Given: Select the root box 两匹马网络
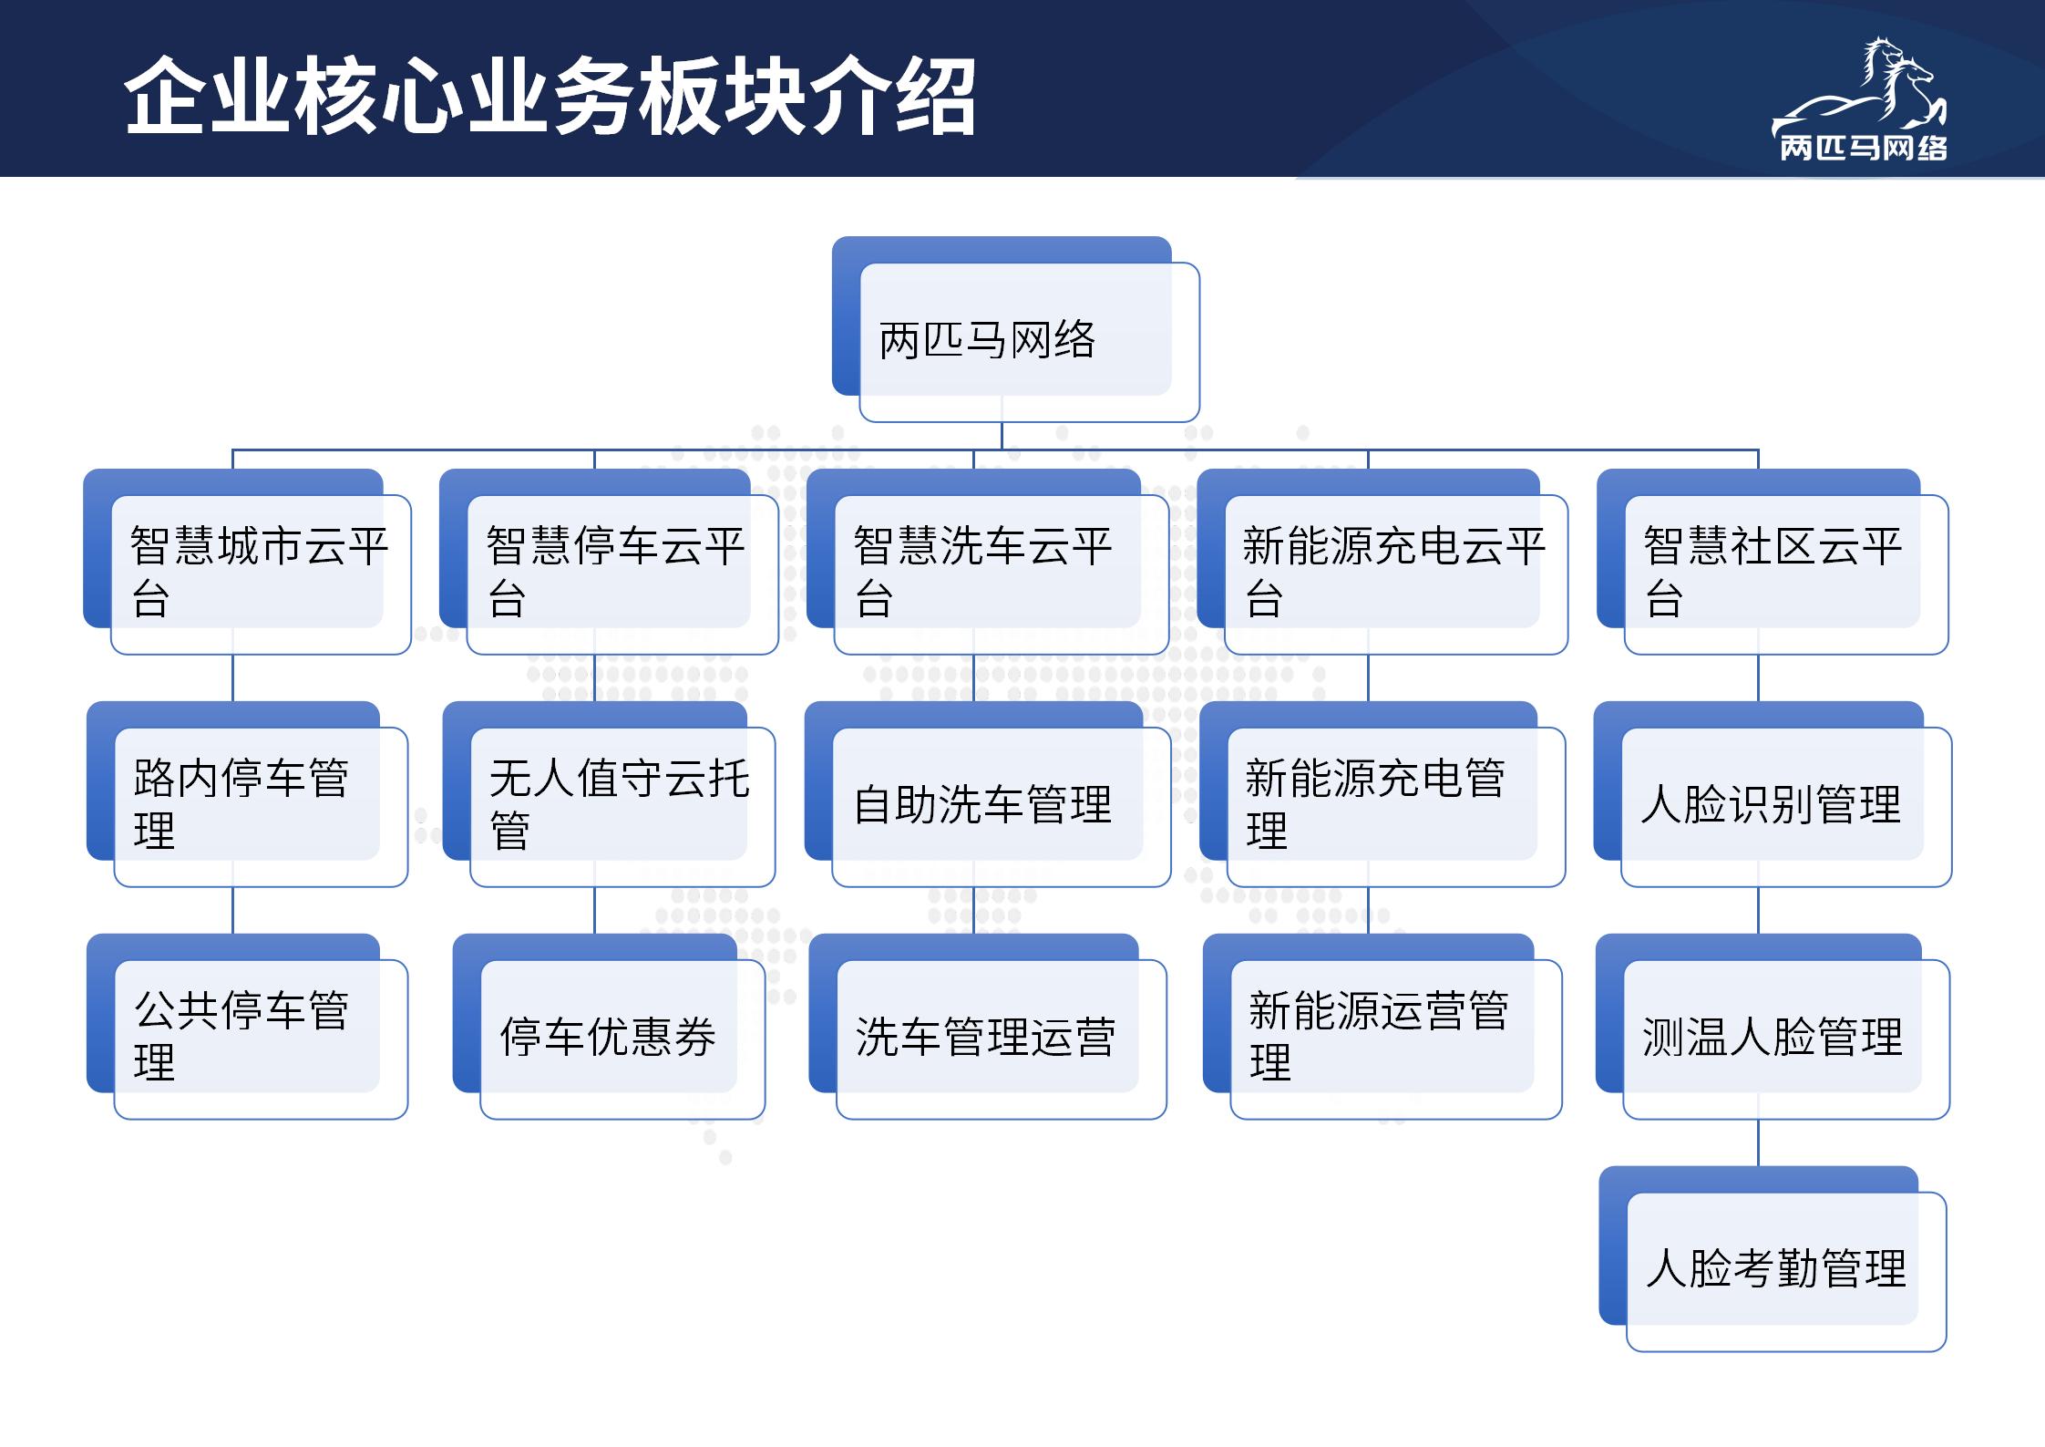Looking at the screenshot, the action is pyautogui.click(x=1015, y=329).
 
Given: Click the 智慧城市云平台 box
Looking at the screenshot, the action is pyautogui.click(x=247, y=562).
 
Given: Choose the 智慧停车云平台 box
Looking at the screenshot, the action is pyautogui.click(x=609, y=562).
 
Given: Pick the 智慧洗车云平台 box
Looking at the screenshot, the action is pyautogui.click(x=988, y=562).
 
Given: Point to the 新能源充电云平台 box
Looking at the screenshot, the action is pyautogui.click(x=1382, y=562).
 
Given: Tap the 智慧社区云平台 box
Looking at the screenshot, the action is pyautogui.click(x=1773, y=562).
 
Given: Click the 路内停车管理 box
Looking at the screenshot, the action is pyautogui.click(x=247, y=794).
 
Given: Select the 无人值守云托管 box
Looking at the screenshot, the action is pyautogui.click(x=609, y=794).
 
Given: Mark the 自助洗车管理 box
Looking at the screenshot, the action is pyautogui.click(x=988, y=794).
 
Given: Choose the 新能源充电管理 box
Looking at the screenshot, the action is pyautogui.click(x=1382, y=794).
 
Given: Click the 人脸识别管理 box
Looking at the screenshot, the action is pyautogui.click(x=1773, y=794).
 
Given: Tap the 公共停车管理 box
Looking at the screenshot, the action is pyautogui.click(x=247, y=1027).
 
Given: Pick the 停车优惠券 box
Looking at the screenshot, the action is pyautogui.click(x=609, y=1027).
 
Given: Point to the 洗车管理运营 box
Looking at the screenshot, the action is pyautogui.click(x=988, y=1027).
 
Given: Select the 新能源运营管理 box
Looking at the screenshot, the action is pyautogui.click(x=1382, y=1027).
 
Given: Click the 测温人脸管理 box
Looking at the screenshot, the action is pyautogui.click(x=1773, y=1027).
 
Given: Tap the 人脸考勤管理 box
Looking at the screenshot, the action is pyautogui.click(x=1773, y=1259).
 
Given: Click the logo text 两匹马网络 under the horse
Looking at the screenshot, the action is pyautogui.click(x=1864, y=148).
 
